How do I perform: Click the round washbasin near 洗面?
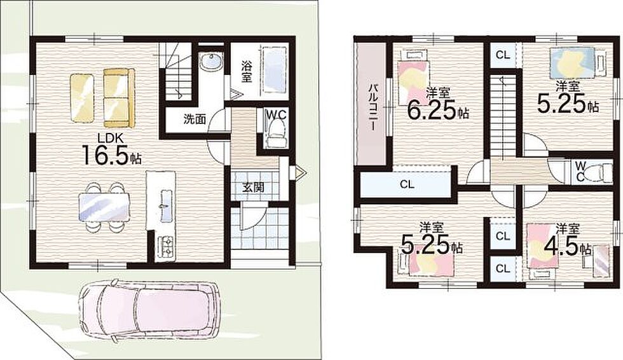(210, 62)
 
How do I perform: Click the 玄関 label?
(254, 187)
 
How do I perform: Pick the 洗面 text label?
(195, 119)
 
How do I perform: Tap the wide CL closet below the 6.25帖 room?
(406, 184)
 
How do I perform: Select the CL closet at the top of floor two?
(503, 55)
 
